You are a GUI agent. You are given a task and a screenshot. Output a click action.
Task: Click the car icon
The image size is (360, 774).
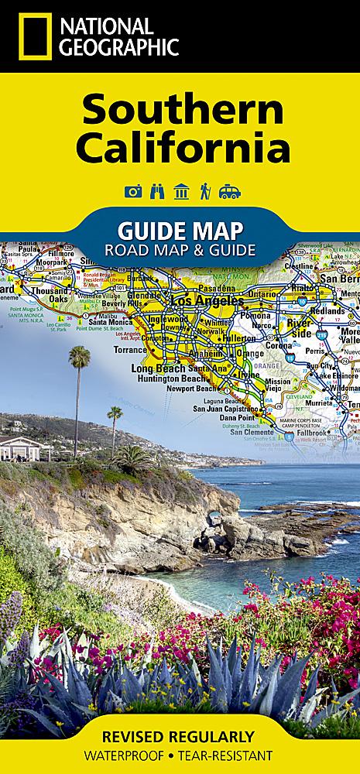[229, 191]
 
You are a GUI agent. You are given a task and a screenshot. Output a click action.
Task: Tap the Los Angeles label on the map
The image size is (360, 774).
[201, 300]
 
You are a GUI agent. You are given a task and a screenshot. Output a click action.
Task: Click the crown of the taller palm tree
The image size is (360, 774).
[79, 356]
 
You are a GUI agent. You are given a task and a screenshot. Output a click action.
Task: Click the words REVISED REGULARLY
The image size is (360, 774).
[180, 736]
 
